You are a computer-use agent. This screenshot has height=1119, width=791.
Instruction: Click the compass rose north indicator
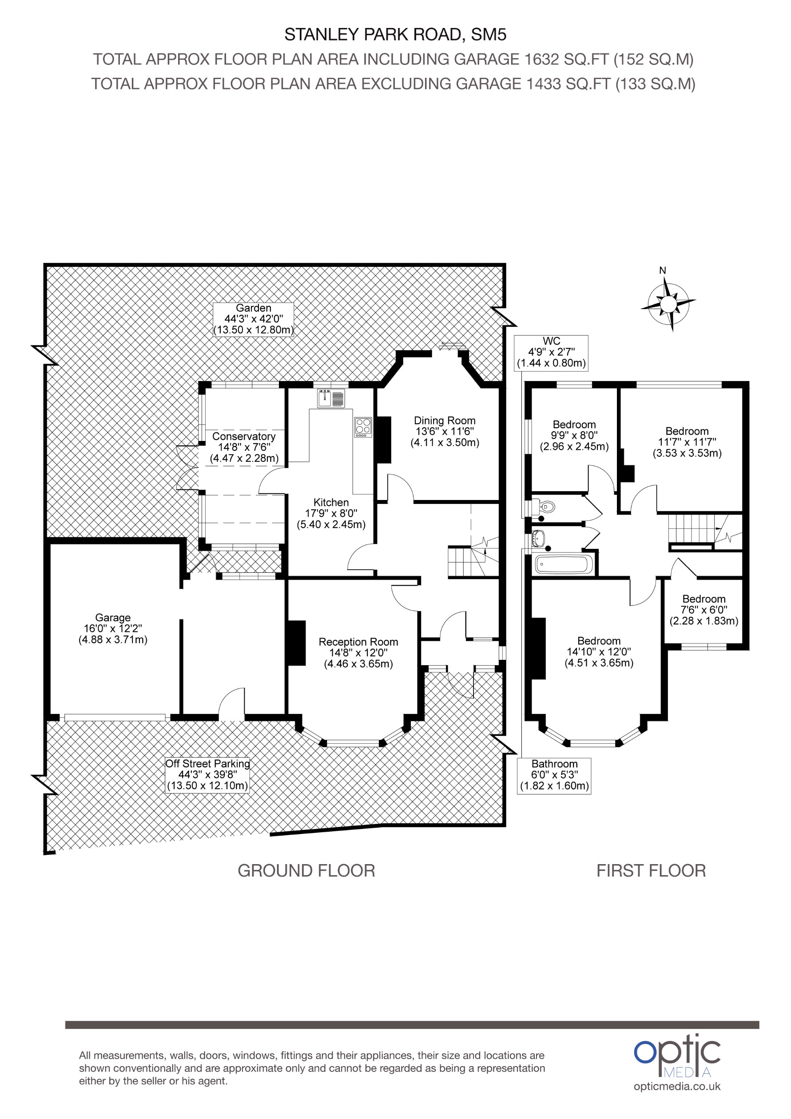pyautogui.click(x=668, y=304)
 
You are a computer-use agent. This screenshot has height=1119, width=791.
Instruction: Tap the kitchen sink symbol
pyautogui.click(x=331, y=398)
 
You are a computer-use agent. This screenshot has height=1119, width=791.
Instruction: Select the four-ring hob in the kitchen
pyautogui.click(x=363, y=426)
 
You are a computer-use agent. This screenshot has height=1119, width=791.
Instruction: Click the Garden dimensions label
pyautogui.click(x=254, y=319)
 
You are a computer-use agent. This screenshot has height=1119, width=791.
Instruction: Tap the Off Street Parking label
pyautogui.click(x=207, y=774)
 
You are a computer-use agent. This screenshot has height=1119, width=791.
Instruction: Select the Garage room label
pyautogui.click(x=112, y=628)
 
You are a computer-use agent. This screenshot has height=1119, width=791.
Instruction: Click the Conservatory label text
pyautogui.click(x=244, y=447)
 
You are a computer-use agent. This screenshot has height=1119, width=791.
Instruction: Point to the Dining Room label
pyautogui.click(x=445, y=431)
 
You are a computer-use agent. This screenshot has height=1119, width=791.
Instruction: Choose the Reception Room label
pyautogui.click(x=358, y=653)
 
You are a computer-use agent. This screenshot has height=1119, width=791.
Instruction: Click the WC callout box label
pyautogui.click(x=551, y=352)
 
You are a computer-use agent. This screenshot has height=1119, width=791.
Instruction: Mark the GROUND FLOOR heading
pyautogui.click(x=306, y=870)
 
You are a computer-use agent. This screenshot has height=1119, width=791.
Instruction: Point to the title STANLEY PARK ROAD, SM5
pyautogui.click(x=395, y=35)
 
